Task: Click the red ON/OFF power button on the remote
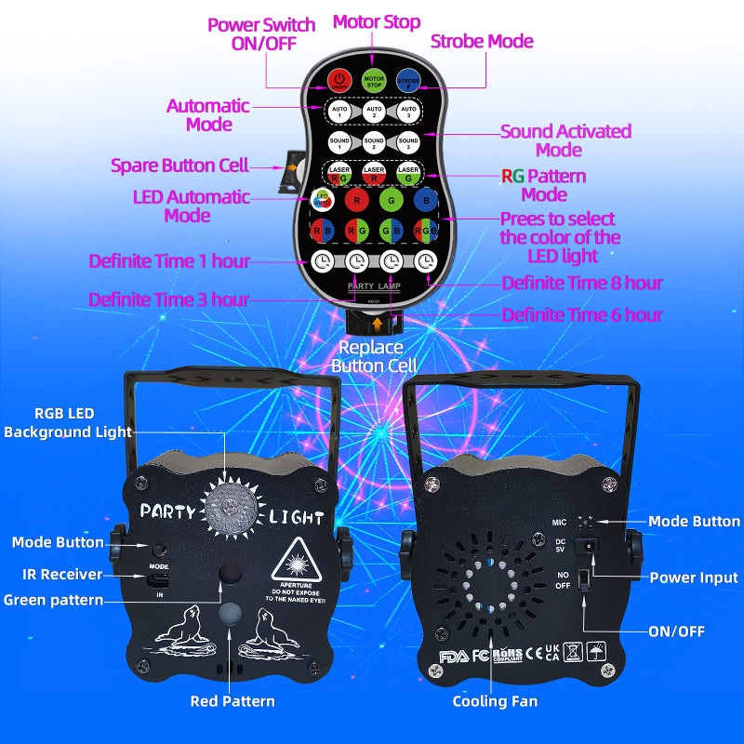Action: (339, 80)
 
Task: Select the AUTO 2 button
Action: (374, 112)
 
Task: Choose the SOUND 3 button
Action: (407, 143)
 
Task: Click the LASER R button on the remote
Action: (374, 172)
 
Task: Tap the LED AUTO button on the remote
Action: (322, 199)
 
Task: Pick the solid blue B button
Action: (425, 199)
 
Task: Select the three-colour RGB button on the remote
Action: (425, 230)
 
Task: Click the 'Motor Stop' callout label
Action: (377, 21)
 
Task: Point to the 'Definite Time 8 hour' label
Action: (582, 283)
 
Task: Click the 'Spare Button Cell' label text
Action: (179, 166)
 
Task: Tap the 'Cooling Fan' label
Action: (495, 701)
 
